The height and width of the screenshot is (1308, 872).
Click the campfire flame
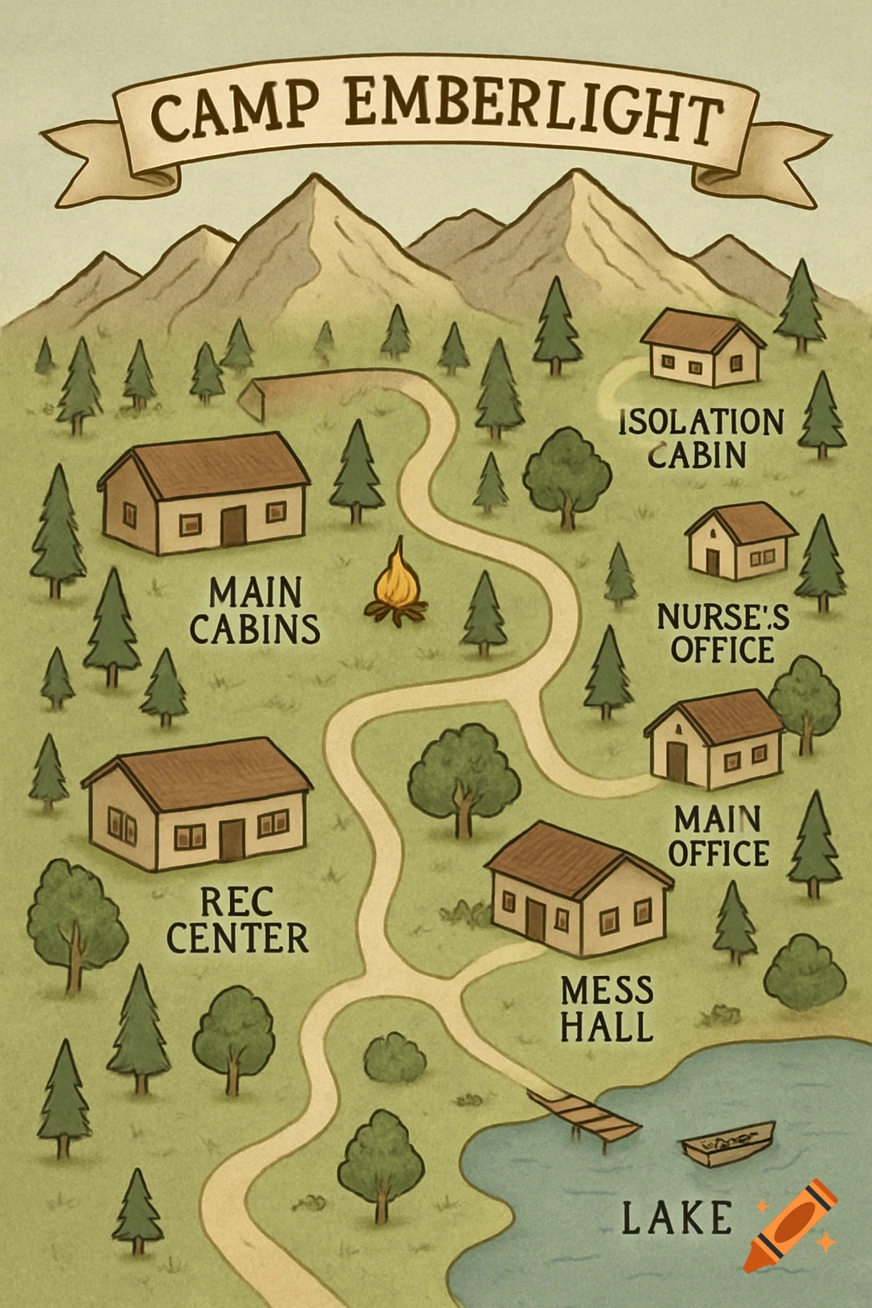point(396,579)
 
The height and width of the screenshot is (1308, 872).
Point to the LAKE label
point(676,1217)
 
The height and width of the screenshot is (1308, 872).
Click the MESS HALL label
point(607,1009)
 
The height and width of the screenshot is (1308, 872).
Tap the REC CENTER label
point(238,920)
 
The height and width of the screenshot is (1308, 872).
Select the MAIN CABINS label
point(254,611)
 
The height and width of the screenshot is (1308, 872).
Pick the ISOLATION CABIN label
point(700,438)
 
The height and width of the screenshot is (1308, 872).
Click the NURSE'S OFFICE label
point(722,634)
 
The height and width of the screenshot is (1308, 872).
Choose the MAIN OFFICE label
point(719,836)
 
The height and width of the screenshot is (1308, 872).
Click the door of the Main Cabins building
point(232,526)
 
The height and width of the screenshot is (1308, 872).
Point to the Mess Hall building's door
point(535,919)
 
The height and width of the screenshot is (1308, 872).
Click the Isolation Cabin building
point(703,347)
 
